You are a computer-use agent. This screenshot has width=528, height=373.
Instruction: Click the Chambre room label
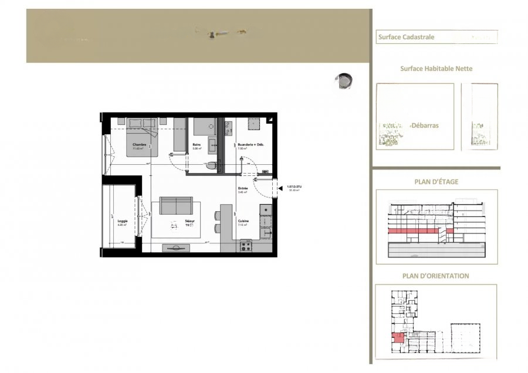[x=139, y=144]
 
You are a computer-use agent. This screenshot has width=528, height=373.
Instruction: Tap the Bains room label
[x=197, y=144]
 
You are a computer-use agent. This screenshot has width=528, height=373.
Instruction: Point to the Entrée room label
[x=243, y=188]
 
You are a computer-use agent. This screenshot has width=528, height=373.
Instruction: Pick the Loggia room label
[x=122, y=221]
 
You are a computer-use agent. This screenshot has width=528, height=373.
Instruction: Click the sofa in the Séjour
[x=176, y=205]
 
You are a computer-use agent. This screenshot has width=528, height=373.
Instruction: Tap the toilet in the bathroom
[x=211, y=166]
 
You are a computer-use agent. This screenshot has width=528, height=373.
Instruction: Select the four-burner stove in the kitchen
[x=245, y=246]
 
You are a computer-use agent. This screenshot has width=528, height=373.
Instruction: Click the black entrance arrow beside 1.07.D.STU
[x=280, y=188]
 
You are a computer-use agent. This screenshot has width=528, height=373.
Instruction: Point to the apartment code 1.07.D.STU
[x=294, y=186]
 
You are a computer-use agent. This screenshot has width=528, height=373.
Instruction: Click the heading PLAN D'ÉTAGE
[x=436, y=182]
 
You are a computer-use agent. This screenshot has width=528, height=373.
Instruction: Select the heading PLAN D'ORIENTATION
[x=436, y=276]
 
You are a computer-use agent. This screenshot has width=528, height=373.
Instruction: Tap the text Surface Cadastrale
[x=407, y=37]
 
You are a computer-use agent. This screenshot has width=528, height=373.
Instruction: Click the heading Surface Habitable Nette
[x=436, y=69]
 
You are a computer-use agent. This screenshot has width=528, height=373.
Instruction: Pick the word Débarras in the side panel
[x=425, y=126]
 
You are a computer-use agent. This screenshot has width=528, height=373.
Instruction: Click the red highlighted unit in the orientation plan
[x=398, y=337]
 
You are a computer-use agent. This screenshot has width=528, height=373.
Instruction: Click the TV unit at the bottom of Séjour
[x=176, y=247]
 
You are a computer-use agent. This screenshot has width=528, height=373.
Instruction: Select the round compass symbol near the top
[x=344, y=81]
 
